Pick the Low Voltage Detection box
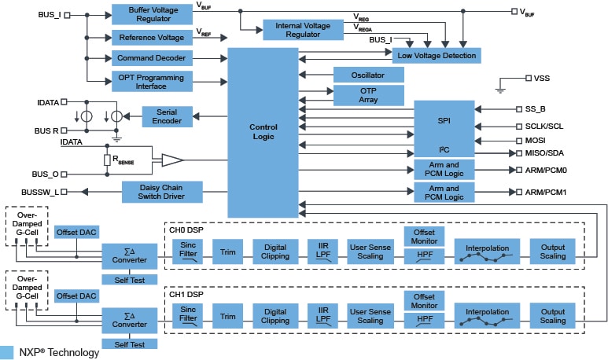click(x=436, y=55)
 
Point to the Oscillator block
click(x=368, y=75)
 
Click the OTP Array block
click(x=368, y=95)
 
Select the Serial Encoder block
click(x=167, y=116)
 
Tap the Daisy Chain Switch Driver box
click(x=163, y=192)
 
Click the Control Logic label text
click(x=263, y=131)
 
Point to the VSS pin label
click(x=542, y=79)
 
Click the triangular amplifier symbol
click(x=171, y=160)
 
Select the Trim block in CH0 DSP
click(x=228, y=251)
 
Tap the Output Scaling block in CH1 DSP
click(x=552, y=316)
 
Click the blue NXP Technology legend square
click(x=8, y=352)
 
